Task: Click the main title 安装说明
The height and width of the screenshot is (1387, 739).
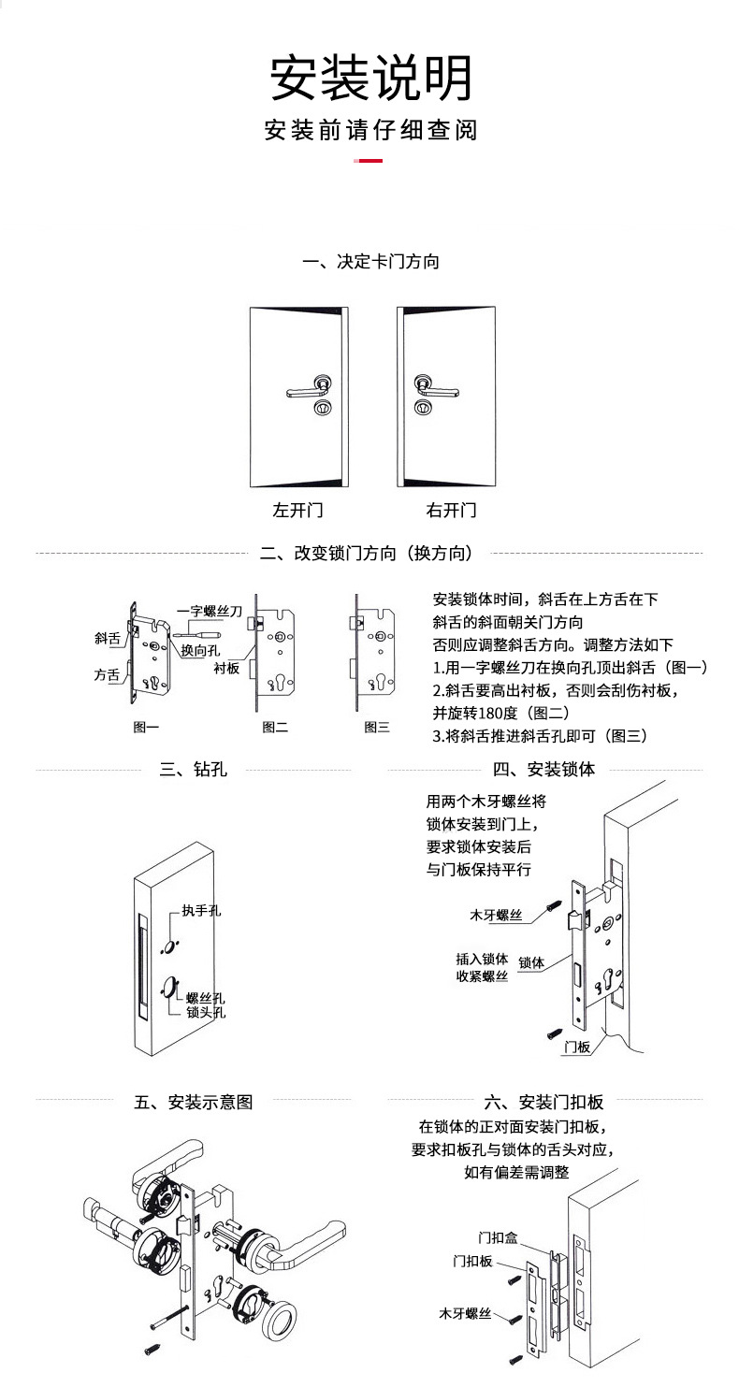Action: pyautogui.click(x=370, y=78)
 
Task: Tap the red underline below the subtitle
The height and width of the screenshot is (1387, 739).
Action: pyautogui.click(x=368, y=160)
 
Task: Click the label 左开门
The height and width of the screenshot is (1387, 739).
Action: pyautogui.click(x=298, y=511)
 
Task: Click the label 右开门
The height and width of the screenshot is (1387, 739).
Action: pyautogui.click(x=452, y=511)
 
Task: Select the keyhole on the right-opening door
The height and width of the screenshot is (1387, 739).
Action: pyautogui.click(x=423, y=408)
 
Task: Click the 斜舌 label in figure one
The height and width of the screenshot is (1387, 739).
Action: pyautogui.click(x=108, y=638)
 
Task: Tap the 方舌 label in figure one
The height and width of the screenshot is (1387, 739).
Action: pyautogui.click(x=107, y=674)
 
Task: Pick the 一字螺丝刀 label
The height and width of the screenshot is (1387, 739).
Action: pyautogui.click(x=210, y=611)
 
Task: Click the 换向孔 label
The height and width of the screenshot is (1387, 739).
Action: pyautogui.click(x=200, y=650)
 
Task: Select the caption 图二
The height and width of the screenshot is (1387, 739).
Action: pyautogui.click(x=275, y=727)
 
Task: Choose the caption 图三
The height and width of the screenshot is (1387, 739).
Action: pyautogui.click(x=377, y=727)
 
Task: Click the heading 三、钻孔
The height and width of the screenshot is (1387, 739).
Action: pyautogui.click(x=194, y=769)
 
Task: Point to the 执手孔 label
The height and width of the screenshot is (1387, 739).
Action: pyautogui.click(x=201, y=910)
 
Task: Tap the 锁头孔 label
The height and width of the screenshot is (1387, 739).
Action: pyautogui.click(x=206, y=1012)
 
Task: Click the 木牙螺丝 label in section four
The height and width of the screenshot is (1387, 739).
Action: pyautogui.click(x=496, y=916)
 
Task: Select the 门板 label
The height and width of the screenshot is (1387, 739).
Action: pyautogui.click(x=577, y=1047)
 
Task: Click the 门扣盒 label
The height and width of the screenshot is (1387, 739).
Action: pyautogui.click(x=498, y=1237)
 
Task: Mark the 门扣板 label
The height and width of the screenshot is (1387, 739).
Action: pyautogui.click(x=472, y=1261)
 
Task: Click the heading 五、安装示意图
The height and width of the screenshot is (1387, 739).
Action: pyautogui.click(x=194, y=1102)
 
